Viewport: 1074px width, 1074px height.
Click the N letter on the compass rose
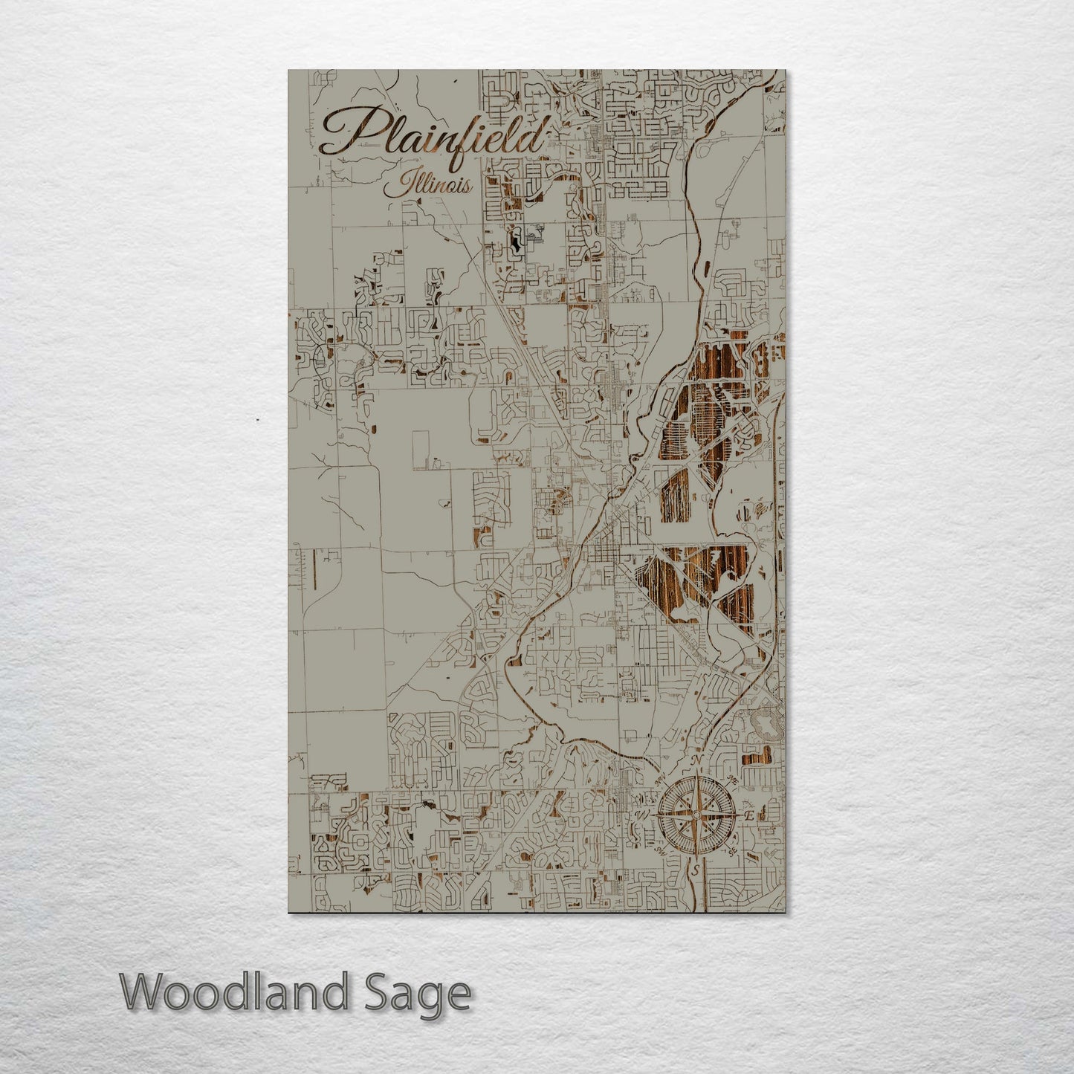697,760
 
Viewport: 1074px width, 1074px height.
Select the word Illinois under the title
428,184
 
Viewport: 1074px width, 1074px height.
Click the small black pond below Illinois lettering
514,241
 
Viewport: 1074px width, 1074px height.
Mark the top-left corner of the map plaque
288,71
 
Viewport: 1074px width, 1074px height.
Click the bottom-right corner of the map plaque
785,912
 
